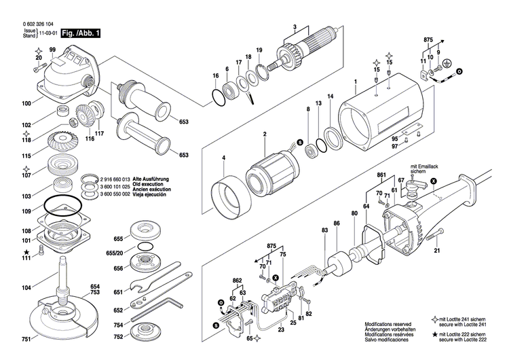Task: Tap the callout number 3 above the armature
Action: (295, 26)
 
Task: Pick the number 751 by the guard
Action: (25, 339)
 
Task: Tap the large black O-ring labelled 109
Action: (62, 203)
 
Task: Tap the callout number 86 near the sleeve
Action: (336, 223)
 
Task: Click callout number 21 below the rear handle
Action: (436, 251)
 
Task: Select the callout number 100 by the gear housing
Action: (26, 104)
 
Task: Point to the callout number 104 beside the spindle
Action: (26, 289)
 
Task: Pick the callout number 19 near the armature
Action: (259, 51)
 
